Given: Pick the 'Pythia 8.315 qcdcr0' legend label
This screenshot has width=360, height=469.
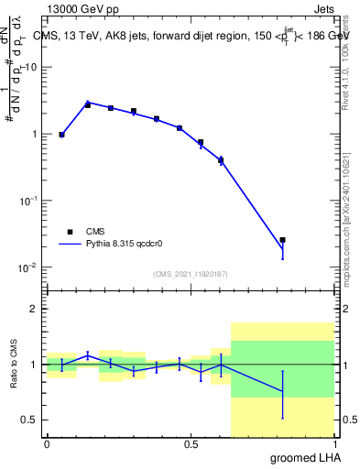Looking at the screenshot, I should (x=125, y=245).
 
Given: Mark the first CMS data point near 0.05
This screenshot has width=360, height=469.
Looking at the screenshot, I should (x=61, y=135).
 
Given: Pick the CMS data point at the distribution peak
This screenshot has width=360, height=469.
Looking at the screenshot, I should (x=88, y=104).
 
